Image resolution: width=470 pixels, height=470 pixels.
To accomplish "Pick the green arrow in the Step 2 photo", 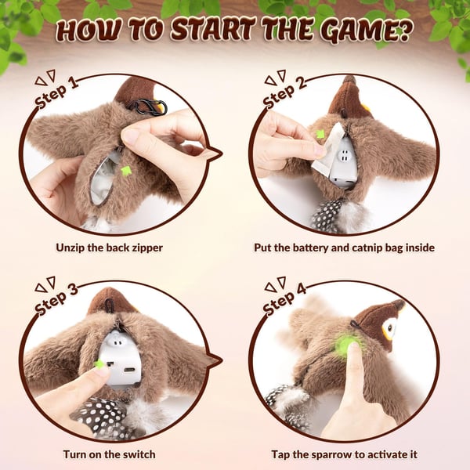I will [320, 134].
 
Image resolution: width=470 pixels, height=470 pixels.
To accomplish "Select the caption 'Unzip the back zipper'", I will [109, 248].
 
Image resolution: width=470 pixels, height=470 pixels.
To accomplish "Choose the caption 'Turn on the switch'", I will [109, 454].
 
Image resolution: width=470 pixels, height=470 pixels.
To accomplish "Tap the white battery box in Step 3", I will [121, 356].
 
